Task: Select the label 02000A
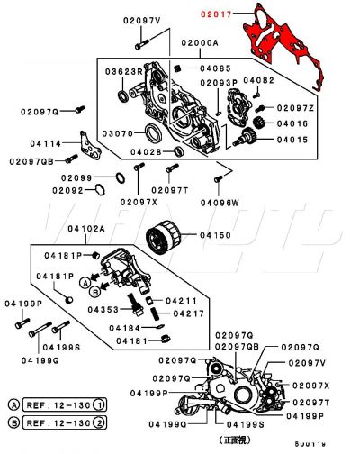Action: tap(199, 41)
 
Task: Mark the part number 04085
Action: tap(216, 68)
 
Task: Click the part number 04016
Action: tap(292, 123)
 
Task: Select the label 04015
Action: tap(292, 140)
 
